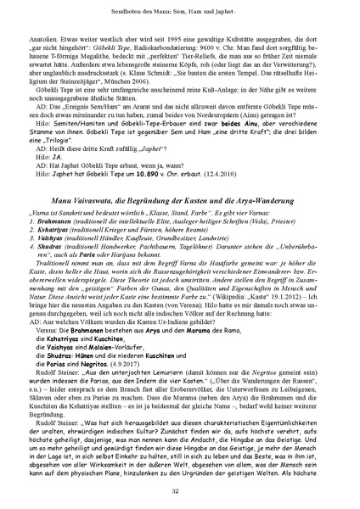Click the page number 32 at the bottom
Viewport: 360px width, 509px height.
[179, 489]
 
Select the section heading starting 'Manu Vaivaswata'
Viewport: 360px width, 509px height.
[179, 221]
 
